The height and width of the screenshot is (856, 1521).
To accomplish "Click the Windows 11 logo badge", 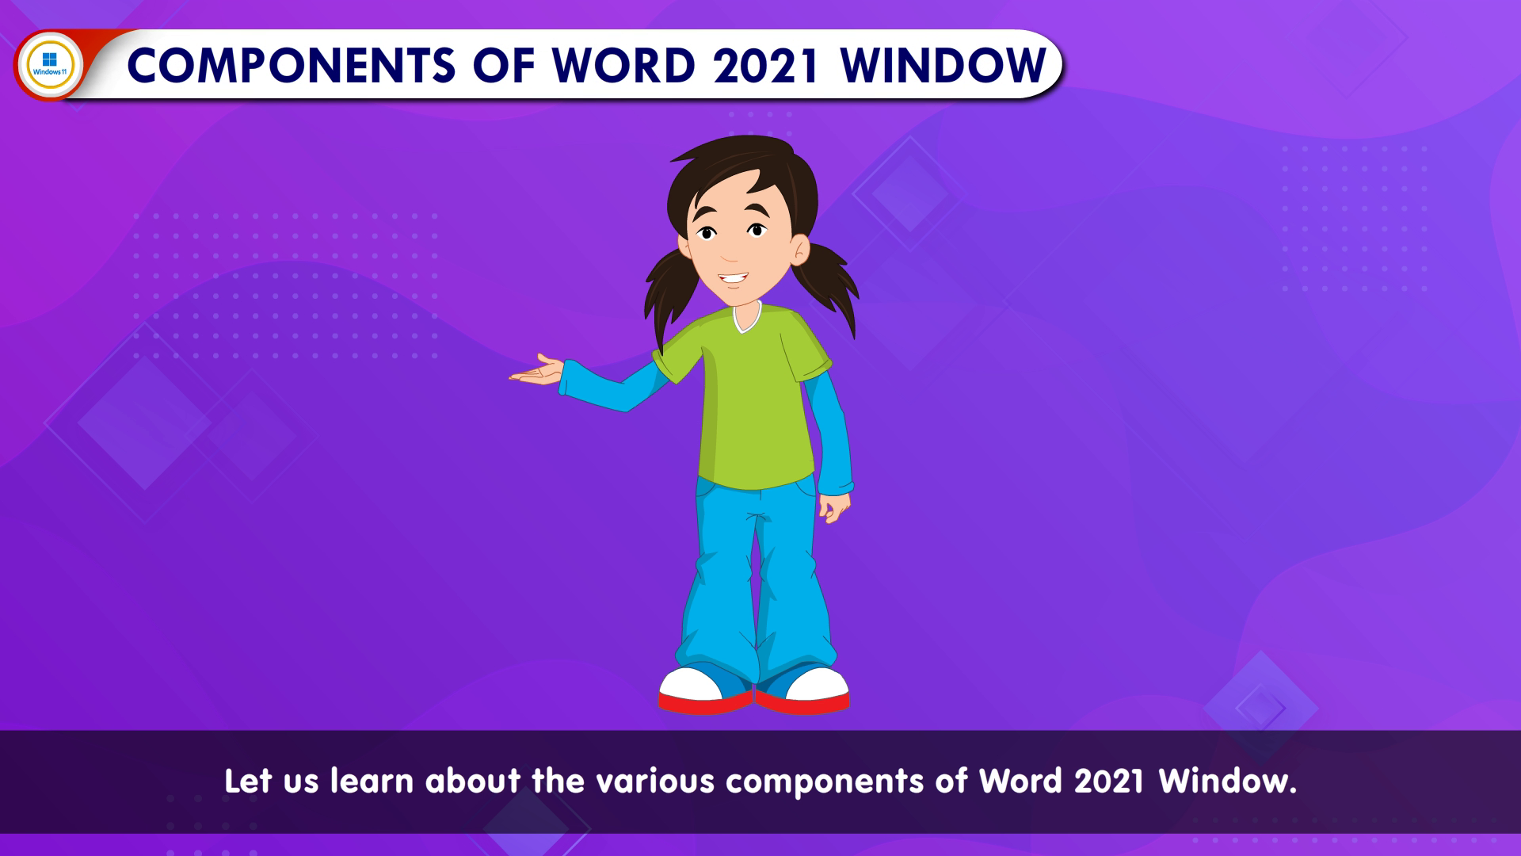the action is tap(49, 64).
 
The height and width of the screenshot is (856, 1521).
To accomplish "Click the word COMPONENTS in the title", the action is tap(292, 65).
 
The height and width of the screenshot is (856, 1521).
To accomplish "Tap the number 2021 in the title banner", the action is tap(766, 65).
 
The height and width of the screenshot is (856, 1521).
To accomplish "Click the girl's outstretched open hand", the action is tap(536, 371).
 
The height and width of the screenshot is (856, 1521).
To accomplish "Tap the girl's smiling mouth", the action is tap(733, 280).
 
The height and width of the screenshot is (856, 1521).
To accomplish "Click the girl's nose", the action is tap(730, 252).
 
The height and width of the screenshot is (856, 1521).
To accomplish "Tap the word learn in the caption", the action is tap(372, 781).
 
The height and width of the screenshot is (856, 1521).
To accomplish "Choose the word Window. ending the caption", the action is tap(1228, 781).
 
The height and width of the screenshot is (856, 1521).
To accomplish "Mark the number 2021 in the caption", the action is tap(1109, 781).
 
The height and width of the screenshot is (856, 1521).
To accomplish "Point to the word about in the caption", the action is tap(473, 781).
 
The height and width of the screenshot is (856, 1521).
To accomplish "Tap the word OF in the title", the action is tap(505, 65).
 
